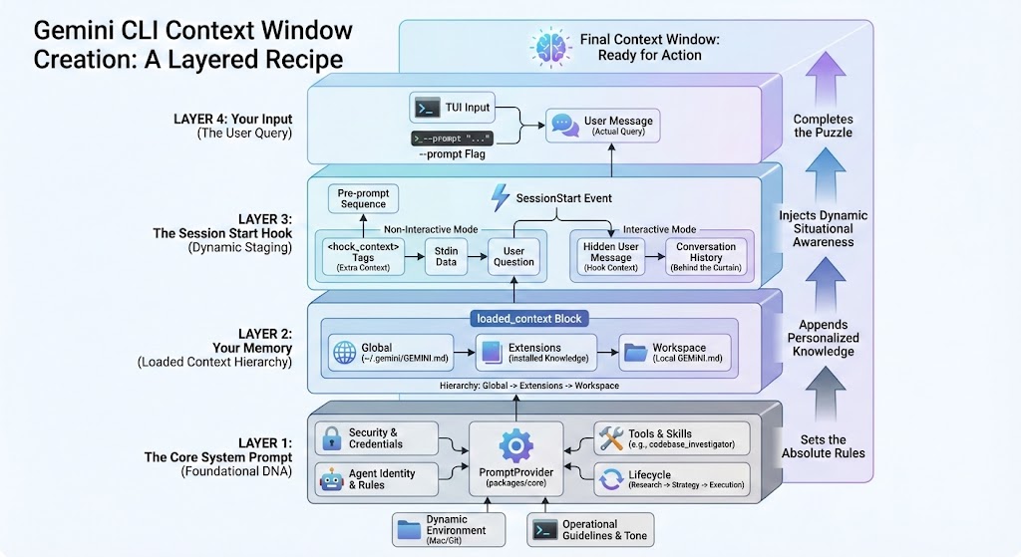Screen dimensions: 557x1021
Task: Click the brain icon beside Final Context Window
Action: coord(549,47)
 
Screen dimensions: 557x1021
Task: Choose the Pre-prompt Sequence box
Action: coord(363,197)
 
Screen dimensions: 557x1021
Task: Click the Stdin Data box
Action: coord(446,255)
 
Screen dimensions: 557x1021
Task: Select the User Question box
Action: coord(513,255)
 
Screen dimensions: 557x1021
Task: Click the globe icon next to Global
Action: coord(343,354)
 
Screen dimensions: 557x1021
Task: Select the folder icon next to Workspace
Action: coord(634,354)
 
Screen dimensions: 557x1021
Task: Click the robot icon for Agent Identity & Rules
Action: coord(330,479)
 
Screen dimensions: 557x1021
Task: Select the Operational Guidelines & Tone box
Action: coord(590,530)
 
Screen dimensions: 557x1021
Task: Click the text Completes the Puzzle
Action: coord(823,126)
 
